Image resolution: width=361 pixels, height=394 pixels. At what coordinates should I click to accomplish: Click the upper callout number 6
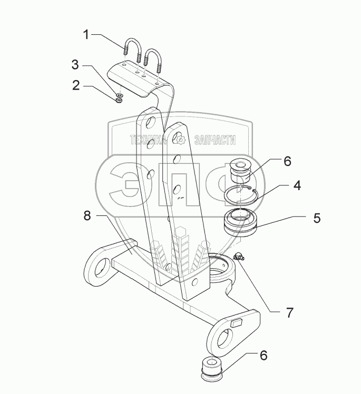click(287, 161)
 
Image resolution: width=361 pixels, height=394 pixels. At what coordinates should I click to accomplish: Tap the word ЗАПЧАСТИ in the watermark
click(215, 140)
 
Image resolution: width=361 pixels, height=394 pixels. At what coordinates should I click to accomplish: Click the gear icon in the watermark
click(181, 140)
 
